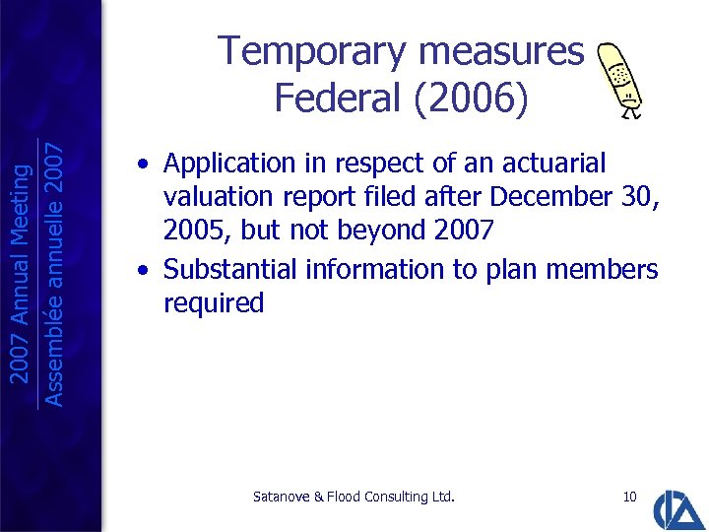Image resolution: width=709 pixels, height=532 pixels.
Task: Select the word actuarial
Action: pos(556,164)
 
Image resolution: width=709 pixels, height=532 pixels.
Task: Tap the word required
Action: pos(214,303)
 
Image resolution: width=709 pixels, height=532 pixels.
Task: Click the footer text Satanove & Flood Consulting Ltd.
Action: pos(354,497)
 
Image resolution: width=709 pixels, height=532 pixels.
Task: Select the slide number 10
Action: pos(630,497)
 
